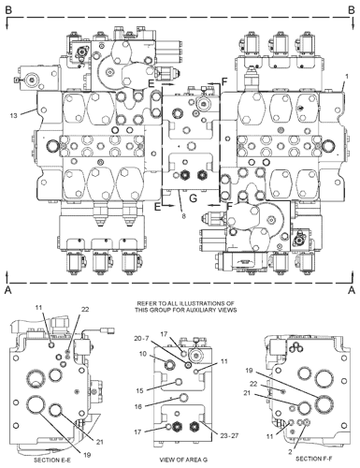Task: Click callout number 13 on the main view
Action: [x=13, y=114]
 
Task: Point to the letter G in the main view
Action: [x=192, y=198]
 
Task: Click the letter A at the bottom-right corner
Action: [x=351, y=290]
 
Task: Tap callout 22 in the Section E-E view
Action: [x=85, y=310]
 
